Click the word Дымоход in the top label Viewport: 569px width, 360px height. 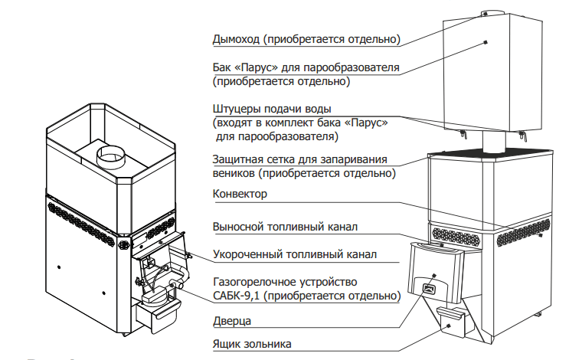coord(234,39)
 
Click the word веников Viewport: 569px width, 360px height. coord(234,174)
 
